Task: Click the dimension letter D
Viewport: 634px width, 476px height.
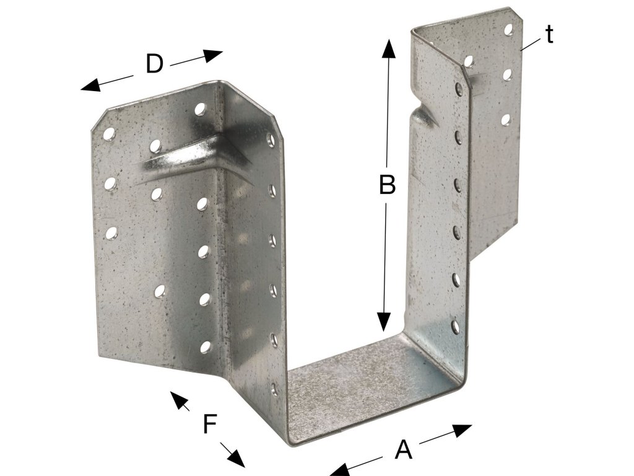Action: pos(154,64)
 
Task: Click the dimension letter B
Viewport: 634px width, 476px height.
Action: pos(387,185)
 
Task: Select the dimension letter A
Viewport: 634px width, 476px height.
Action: pos(403,449)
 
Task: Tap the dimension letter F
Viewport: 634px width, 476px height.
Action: pos(210,424)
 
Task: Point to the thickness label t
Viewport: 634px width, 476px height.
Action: pos(549,35)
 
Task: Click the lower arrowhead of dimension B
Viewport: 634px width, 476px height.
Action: pos(384,321)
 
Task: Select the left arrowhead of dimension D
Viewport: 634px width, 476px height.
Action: pos(90,86)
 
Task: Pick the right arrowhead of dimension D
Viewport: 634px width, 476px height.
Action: pos(213,56)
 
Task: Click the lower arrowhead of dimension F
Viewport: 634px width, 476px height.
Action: pos(236,458)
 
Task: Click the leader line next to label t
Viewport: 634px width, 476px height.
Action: pos(531,45)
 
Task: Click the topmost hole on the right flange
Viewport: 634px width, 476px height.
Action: pos(508,30)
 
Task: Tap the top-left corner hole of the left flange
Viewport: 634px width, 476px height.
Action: pos(109,134)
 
